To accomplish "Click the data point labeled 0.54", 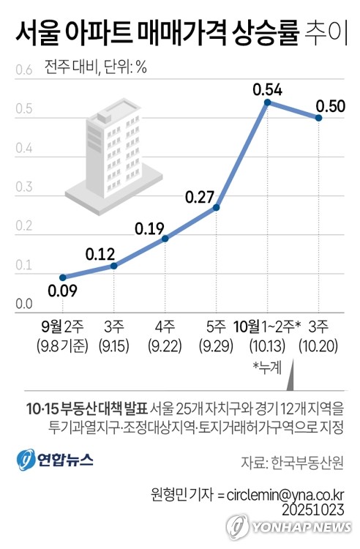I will (x=268, y=102).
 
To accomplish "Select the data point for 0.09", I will (x=63, y=277).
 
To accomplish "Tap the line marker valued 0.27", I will (x=217, y=208).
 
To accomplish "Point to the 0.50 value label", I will (x=330, y=106).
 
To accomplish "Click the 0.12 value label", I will (x=102, y=255).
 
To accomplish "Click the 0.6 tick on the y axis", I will (x=23, y=70).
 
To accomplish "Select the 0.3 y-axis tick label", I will (x=23, y=187).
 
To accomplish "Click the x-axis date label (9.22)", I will (x=165, y=343).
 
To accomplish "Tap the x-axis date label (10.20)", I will (x=318, y=343).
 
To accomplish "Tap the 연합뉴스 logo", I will (x=55, y=460).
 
